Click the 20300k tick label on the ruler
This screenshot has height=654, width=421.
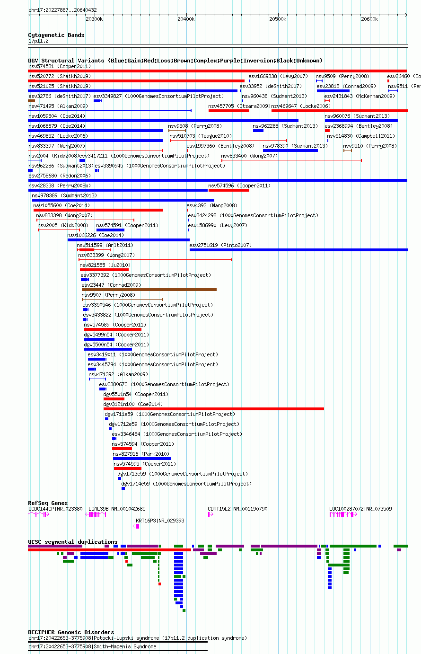94,19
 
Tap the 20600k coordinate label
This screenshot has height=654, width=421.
369,19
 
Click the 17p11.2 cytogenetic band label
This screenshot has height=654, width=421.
38,41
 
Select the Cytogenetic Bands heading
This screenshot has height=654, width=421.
56,35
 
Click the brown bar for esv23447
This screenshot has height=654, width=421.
149,290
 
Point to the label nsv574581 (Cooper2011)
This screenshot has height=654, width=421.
60,67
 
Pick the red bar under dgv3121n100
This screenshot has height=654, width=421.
213,409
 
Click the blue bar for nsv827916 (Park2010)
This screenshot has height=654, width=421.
142,459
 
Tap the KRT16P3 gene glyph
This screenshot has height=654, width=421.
136,526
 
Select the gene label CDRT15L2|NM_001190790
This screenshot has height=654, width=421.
237,509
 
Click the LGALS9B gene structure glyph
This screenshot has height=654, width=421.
96,514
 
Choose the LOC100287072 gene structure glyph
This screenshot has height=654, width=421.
343,514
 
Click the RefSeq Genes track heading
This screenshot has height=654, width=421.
48,503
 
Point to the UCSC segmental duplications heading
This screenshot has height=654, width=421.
73,542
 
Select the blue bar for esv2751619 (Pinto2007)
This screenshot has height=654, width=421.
298,250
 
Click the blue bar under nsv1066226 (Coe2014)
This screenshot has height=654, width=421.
129,240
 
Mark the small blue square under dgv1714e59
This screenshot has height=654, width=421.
123,488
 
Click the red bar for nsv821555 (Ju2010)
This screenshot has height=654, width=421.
100,270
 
